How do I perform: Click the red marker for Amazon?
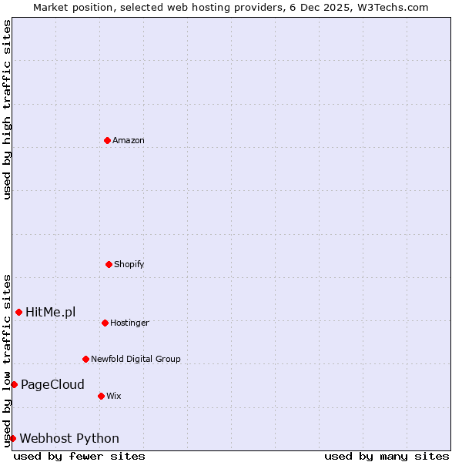point(107,140)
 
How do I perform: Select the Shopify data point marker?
point(109,264)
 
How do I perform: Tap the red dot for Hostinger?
point(105,323)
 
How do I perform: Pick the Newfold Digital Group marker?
point(85,359)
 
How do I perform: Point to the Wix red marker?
point(101,396)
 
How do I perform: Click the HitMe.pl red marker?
point(18,312)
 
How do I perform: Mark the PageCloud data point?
point(14,384)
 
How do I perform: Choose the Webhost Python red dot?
point(12,438)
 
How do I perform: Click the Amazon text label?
point(129,140)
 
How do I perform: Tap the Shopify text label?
point(129,264)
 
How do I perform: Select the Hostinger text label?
point(129,323)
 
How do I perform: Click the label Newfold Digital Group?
point(136,359)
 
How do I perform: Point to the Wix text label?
point(114,396)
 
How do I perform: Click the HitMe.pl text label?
point(51,312)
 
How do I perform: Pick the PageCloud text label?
point(52,384)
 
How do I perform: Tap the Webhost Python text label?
point(69,438)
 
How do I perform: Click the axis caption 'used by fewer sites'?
point(79,456)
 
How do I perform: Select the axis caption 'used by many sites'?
point(387,456)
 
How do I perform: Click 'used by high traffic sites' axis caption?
point(7,109)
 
